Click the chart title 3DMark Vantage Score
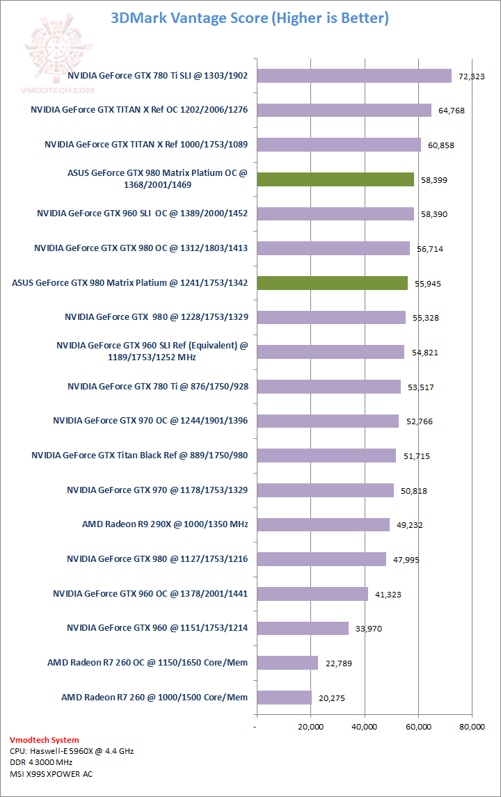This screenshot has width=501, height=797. [x=249, y=18]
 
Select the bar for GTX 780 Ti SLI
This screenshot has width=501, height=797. [x=353, y=76]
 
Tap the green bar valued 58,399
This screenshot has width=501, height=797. [x=335, y=179]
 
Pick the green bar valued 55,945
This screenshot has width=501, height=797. [x=332, y=283]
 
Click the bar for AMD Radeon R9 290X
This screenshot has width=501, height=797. [x=323, y=524]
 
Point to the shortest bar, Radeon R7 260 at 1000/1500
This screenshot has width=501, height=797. [x=284, y=697]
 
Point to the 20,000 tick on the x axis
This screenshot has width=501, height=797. [x=310, y=727]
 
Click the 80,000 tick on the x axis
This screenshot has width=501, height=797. [x=472, y=727]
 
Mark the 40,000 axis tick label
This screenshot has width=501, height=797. [x=364, y=727]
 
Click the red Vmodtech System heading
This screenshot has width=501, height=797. [x=45, y=740]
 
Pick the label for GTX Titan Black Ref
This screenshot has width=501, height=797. [x=140, y=456]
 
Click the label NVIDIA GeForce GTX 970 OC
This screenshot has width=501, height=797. [x=150, y=421]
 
